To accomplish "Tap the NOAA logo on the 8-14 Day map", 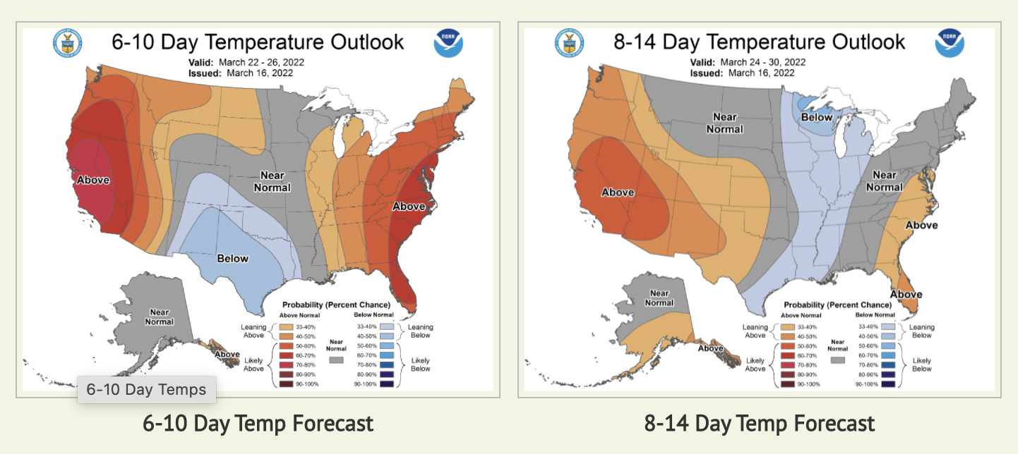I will [950, 44].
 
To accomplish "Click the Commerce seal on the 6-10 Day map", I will [67, 44].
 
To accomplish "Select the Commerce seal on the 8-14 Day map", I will [569, 44].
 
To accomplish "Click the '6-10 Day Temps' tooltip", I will [146, 389].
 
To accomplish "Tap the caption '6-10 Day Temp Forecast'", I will [258, 424].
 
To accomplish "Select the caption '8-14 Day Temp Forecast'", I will [759, 424].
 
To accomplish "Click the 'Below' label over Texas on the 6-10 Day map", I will [232, 258].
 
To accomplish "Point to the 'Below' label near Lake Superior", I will [817, 117].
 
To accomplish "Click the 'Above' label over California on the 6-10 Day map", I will [93, 180].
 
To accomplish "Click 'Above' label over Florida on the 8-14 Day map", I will [906, 294].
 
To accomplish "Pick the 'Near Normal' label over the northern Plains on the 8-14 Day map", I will [725, 123].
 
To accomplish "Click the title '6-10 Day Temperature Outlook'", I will [258, 42].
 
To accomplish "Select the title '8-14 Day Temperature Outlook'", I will [759, 42].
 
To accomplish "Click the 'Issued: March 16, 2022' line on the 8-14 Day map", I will [742, 73].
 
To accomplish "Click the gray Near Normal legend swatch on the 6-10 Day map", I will [336, 360].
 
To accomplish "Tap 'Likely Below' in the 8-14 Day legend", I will [921, 364].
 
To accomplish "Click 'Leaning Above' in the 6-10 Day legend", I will [253, 331].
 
